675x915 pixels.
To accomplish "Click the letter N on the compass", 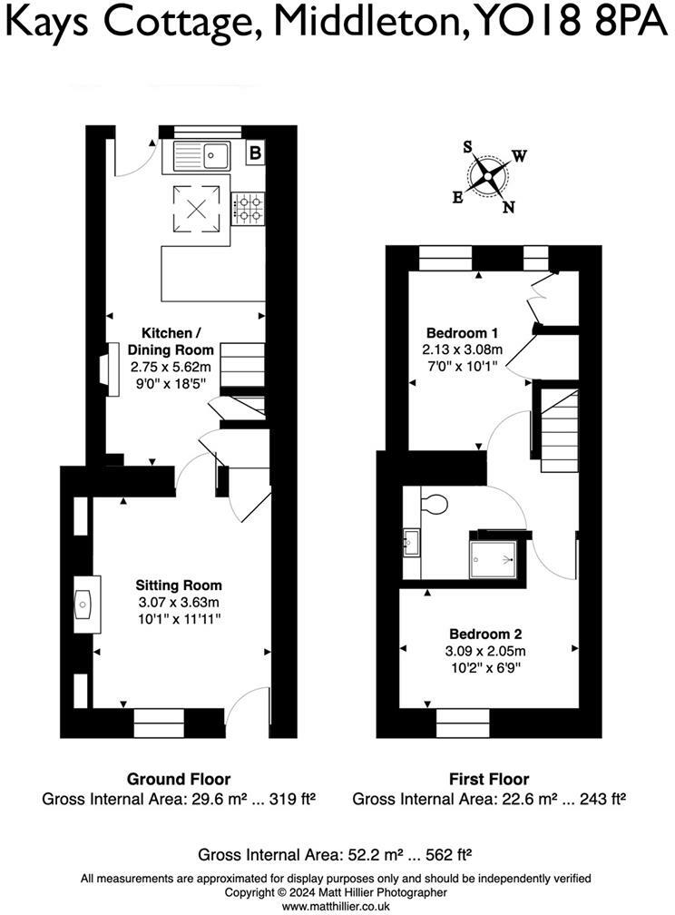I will pos(509,207).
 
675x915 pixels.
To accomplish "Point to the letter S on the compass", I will pos(468,146).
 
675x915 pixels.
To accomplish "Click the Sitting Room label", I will pos(179,585).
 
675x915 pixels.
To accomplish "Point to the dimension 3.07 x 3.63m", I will pos(179,602).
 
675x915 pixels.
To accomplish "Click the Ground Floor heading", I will pos(178,779).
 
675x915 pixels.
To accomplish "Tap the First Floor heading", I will pos(489,779).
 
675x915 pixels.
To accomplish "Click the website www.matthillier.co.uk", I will pos(337,906).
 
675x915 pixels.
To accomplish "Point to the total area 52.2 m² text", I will pos(337,854).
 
